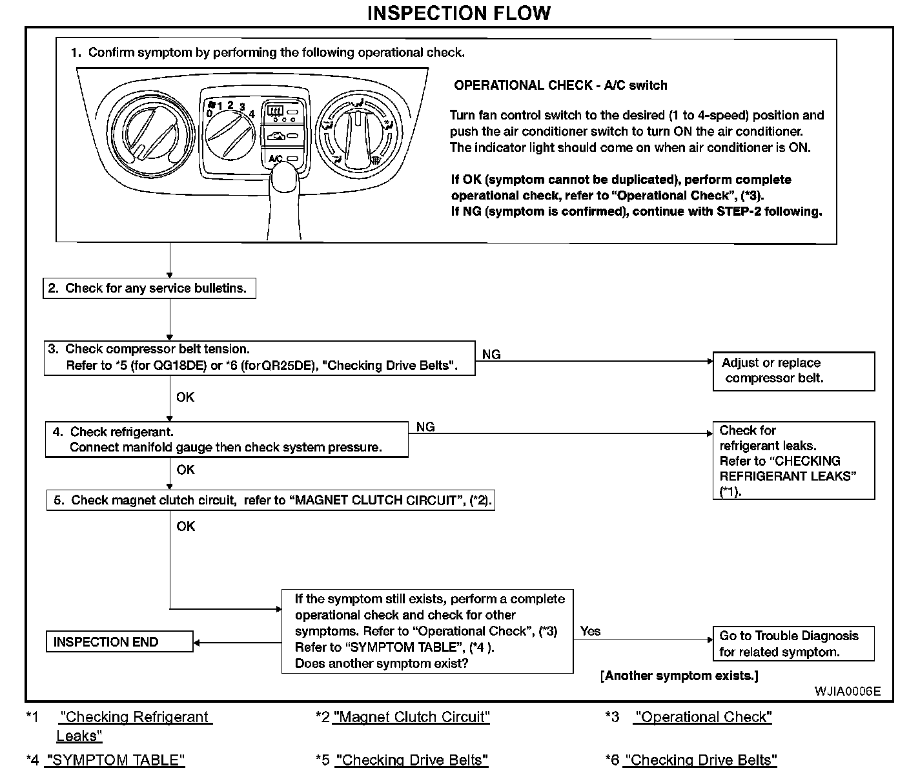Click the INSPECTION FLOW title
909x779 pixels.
click(458, 13)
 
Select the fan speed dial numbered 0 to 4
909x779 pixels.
click(229, 134)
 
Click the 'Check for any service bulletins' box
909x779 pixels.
click(150, 288)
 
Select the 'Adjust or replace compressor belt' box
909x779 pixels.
click(793, 371)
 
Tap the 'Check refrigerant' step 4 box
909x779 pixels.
click(227, 439)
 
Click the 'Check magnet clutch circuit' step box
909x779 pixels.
click(271, 501)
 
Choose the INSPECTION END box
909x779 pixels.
click(119, 642)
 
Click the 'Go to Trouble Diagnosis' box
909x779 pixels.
click(793, 643)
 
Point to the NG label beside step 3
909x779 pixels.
click(491, 354)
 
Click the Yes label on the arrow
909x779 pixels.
click(590, 631)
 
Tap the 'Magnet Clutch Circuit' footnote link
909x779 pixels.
click(411, 717)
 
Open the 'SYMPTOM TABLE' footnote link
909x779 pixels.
click(115, 760)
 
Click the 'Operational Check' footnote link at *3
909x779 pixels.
click(703, 717)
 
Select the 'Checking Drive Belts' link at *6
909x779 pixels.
click(700, 760)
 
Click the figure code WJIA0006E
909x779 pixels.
click(847, 691)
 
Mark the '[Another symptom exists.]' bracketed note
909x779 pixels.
click(679, 676)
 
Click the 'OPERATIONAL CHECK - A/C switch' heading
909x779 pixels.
click(560, 85)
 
